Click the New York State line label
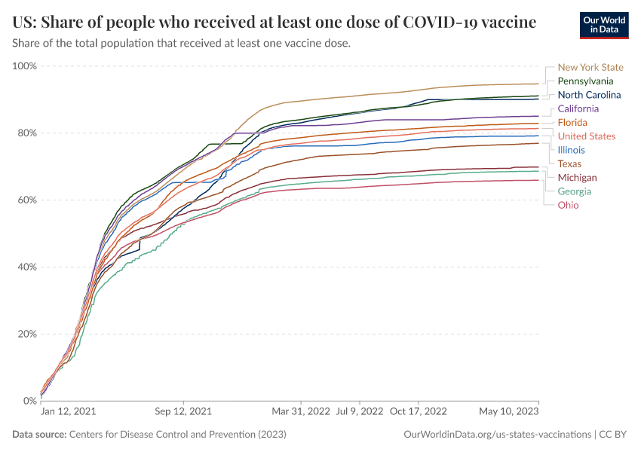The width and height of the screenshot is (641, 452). click(590, 67)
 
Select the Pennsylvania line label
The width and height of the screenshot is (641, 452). click(585, 81)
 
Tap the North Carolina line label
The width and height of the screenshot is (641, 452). click(589, 95)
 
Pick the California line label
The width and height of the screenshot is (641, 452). click(578, 108)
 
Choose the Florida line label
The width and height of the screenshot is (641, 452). click(572, 122)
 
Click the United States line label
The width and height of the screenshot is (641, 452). click(587, 136)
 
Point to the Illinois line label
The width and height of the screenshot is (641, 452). click(571, 150)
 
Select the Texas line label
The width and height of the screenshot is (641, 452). click(569, 163)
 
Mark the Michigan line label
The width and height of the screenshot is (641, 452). click(577, 178)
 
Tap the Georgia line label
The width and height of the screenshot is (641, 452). click(575, 191)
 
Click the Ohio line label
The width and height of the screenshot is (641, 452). click(569, 205)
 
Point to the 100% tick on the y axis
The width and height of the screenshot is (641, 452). click(25, 66)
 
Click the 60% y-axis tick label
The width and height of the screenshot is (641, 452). click(27, 200)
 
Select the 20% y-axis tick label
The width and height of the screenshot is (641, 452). click(27, 334)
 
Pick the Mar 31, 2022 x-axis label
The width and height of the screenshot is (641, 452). click(301, 412)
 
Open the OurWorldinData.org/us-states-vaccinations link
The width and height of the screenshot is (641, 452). click(498, 435)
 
